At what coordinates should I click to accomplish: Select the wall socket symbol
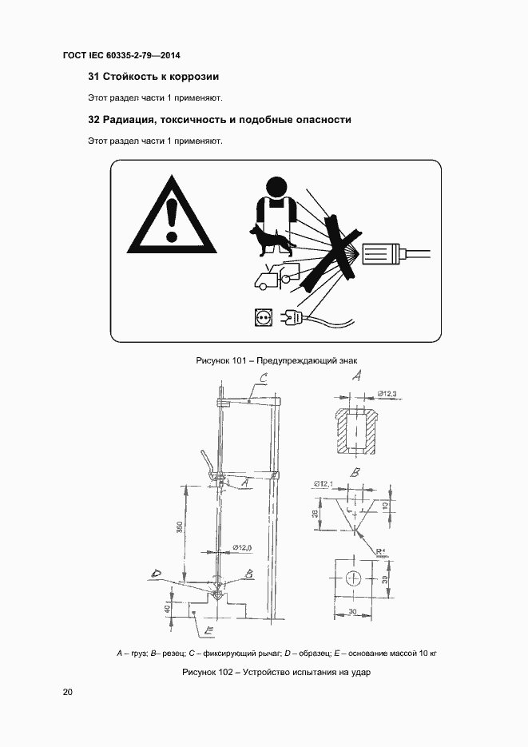[261, 318]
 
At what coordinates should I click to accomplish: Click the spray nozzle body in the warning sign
[384, 254]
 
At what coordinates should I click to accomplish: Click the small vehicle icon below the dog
[270, 277]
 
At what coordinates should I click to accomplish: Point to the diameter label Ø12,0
[242, 547]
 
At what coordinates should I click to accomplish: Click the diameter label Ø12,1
[324, 483]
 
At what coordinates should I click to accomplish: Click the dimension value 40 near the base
[167, 610]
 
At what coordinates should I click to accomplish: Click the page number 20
[68, 692]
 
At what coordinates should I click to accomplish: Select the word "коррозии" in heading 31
[191, 77]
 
